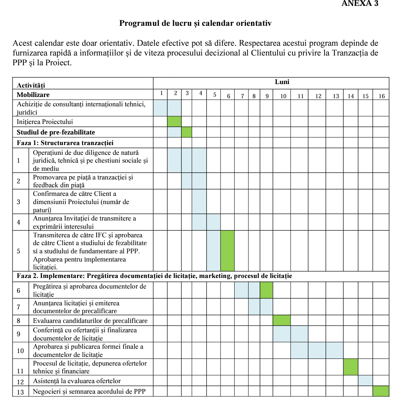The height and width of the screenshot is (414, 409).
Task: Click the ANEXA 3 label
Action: pyautogui.click(x=360, y=4)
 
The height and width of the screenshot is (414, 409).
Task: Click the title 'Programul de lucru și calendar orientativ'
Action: pyautogui.click(x=195, y=23)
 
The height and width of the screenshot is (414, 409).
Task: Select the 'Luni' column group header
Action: pyautogui.click(x=282, y=82)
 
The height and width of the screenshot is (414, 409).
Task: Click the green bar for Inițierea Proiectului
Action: pyautogui.click(x=174, y=122)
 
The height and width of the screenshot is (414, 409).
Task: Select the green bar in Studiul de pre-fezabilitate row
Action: pyautogui.click(x=187, y=132)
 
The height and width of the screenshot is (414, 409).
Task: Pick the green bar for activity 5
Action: pyautogui.click(x=227, y=251)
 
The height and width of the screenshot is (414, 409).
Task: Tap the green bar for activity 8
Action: pyautogui.click(x=282, y=321)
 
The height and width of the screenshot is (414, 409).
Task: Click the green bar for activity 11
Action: pyautogui.click(x=350, y=367)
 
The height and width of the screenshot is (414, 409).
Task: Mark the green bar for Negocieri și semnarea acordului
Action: pyautogui.click(x=380, y=391)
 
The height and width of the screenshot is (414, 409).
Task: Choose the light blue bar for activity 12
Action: pyautogui.click(x=365, y=380)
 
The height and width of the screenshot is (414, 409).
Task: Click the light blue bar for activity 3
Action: pyautogui.click(x=199, y=201)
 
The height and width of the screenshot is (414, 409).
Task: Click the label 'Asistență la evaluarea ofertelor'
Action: pyautogui.click(x=77, y=381)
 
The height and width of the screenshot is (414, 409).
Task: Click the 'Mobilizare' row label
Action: pyautogui.click(x=33, y=95)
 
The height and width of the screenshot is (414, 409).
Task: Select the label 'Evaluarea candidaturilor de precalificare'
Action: pyautogui.click(x=90, y=321)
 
